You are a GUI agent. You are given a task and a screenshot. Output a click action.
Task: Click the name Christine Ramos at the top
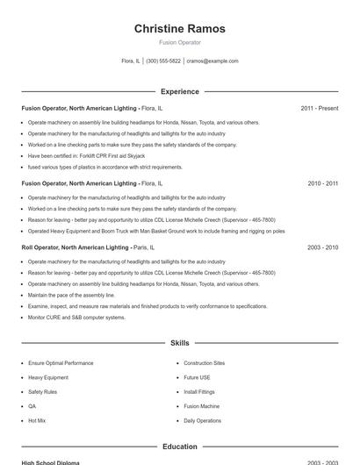tap(179, 29)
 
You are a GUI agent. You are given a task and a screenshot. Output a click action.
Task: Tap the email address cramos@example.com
tap(212, 61)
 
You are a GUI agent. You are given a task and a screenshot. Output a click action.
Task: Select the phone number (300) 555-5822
tap(163, 61)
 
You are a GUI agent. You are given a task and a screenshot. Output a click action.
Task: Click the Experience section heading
tap(179, 91)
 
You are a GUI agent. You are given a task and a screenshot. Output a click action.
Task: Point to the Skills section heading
tap(179, 343)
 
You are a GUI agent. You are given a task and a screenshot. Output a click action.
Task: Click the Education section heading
tap(179, 447)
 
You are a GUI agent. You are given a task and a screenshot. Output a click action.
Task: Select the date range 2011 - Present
tap(319, 108)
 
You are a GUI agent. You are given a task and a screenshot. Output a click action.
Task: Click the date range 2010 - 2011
tap(322, 183)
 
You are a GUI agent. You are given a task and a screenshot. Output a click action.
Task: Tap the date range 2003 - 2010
tap(322, 248)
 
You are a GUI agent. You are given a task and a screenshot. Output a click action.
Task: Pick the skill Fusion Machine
tap(201, 406)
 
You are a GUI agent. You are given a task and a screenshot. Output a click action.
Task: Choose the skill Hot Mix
tap(37, 421)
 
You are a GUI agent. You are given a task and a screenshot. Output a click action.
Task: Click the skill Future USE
tap(197, 377)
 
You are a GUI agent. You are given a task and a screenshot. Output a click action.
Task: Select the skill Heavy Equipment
tap(47, 377)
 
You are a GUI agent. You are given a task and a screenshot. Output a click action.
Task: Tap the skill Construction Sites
tap(204, 362)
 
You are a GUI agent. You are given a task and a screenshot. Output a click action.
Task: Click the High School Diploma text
tap(50, 462)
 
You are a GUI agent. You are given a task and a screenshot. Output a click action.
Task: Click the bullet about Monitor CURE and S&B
tap(76, 318)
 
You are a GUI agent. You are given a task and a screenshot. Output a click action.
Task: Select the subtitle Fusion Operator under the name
tap(179, 42)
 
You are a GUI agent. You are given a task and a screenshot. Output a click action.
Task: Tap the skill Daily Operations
tap(202, 421)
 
